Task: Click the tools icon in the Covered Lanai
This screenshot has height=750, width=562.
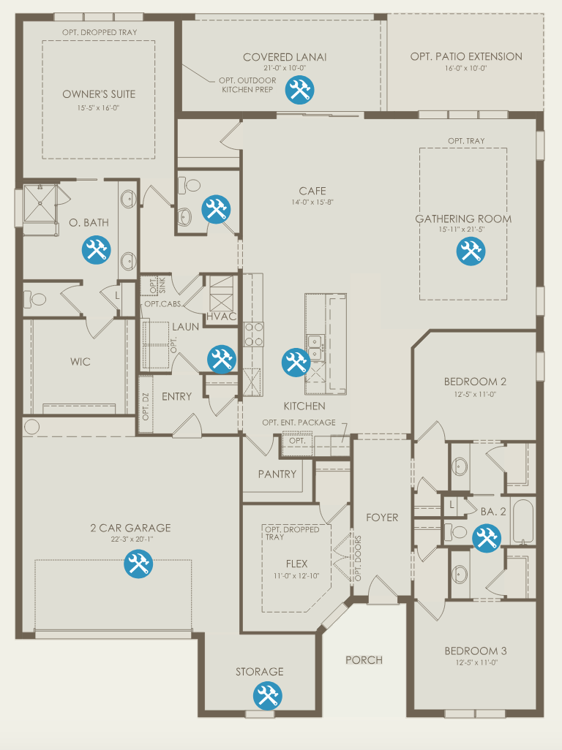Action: (x=300, y=89)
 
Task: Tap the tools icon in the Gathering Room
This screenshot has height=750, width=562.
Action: (x=471, y=251)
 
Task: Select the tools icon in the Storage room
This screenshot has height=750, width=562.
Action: (x=268, y=695)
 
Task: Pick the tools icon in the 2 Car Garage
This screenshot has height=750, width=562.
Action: (x=138, y=564)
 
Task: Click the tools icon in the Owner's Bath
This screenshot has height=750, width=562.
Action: (x=96, y=250)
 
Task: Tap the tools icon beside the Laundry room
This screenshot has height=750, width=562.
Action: (x=222, y=359)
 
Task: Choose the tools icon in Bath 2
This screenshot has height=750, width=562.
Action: (x=487, y=538)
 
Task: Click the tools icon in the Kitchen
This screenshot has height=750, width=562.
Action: (x=296, y=362)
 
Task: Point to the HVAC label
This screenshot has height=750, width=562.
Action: (x=222, y=317)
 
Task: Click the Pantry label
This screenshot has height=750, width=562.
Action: (x=277, y=474)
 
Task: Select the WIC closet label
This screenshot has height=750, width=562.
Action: (x=80, y=362)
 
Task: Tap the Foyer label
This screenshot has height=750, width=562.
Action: (x=382, y=518)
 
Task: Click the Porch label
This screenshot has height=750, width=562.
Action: (x=364, y=660)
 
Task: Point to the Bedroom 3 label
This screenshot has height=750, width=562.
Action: (x=476, y=651)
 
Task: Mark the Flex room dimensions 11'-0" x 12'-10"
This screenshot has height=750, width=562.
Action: (x=296, y=576)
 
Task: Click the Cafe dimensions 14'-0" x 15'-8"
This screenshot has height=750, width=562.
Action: (x=312, y=202)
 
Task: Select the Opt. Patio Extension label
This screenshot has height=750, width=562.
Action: (x=466, y=56)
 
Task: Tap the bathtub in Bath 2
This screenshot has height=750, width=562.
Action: (x=522, y=521)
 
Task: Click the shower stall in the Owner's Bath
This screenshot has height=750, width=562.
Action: (x=40, y=204)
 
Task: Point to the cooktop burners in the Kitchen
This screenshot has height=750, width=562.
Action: (x=254, y=335)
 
